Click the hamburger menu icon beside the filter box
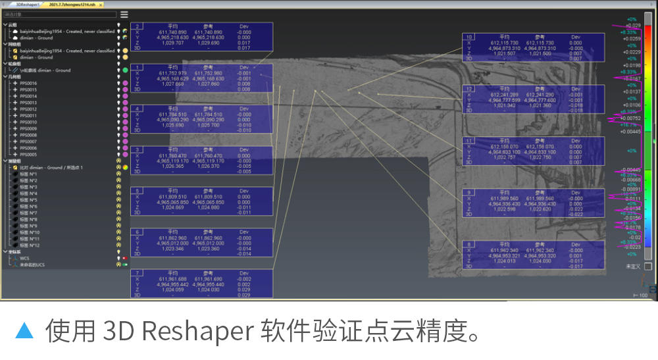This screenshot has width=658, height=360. tap(124, 14)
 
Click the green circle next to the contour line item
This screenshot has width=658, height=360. tap(124, 70)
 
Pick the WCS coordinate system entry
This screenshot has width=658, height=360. tap(24, 258)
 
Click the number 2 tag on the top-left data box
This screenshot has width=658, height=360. tap(137, 26)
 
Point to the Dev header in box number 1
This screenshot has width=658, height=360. tap(244, 67)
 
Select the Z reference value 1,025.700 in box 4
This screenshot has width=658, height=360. tap(209, 125)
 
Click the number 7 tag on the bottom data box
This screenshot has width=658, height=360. tap(137, 272)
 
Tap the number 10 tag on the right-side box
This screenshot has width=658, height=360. tap(469, 37)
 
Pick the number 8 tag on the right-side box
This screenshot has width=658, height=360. tap(469, 245)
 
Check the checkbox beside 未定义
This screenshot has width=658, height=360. tap(648, 266)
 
